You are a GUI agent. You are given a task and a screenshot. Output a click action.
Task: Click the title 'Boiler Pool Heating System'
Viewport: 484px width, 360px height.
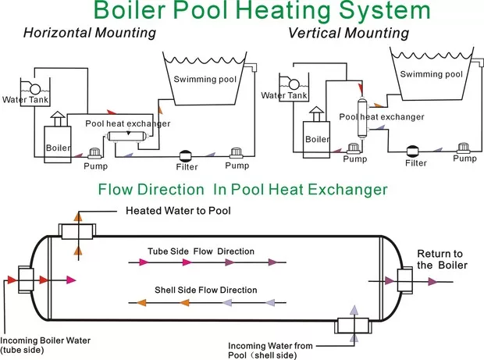tap(262, 12)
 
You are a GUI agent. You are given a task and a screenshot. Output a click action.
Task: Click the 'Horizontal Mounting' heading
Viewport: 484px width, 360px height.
tap(89, 33)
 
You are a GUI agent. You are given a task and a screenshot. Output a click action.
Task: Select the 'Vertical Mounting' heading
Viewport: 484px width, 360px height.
tap(348, 33)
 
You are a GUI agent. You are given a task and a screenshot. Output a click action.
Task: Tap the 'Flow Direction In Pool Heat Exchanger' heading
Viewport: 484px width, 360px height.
tap(242, 190)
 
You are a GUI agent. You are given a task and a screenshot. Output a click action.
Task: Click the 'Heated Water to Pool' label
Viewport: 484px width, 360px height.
tap(178, 211)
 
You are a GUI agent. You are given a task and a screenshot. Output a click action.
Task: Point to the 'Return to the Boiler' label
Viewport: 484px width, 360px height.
tap(442, 259)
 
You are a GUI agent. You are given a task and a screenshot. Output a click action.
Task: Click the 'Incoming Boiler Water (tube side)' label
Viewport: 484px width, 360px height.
tap(45, 344)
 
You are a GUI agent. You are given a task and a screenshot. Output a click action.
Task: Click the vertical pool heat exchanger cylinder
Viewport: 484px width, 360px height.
tap(361, 117)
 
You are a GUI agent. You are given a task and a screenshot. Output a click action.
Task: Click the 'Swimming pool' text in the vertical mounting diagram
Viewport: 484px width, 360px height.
tap(431, 74)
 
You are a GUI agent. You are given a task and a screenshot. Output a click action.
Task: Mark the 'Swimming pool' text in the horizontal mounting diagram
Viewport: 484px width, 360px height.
tap(205, 79)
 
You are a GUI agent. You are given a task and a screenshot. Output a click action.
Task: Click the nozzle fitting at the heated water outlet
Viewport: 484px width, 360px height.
tap(77, 230)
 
